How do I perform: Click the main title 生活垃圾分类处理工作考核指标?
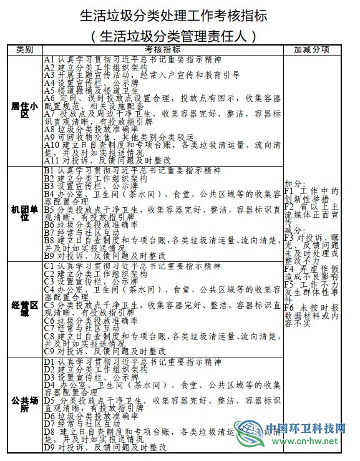[179, 14]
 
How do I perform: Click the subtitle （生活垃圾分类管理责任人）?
[179, 34]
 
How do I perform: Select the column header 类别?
[25, 49]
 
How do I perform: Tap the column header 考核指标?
[163, 49]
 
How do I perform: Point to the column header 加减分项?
[311, 49]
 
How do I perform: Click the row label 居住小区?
[25, 110]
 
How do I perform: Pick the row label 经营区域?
[25, 309]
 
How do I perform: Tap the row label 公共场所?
[25, 404]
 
